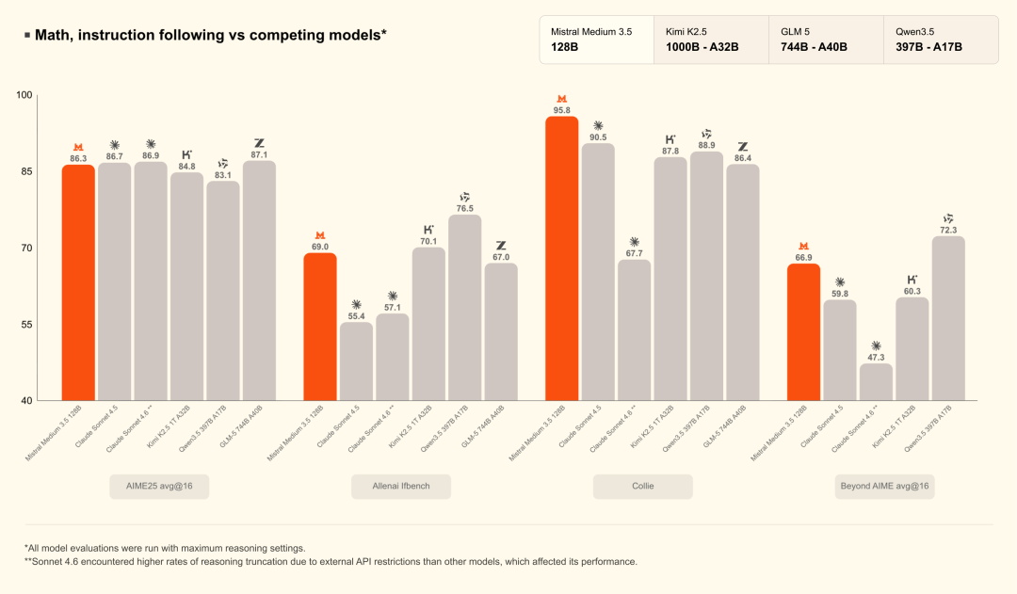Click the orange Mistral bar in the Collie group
[561, 258]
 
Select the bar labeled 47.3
[877, 382]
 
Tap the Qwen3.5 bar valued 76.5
[465, 308]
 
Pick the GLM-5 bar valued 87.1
[260, 281]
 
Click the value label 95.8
[561, 111]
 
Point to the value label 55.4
[356, 316]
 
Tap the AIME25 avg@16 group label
[159, 487]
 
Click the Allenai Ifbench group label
[401, 487]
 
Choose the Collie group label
[643, 487]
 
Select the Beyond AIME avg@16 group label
[884, 487]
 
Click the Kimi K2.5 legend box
[712, 40]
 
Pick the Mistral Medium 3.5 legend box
[597, 40]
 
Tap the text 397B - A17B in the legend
[928, 47]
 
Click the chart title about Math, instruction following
[210, 35]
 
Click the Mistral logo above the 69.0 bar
[320, 235]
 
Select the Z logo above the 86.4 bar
[743, 147]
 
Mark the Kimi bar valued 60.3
[912, 349]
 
